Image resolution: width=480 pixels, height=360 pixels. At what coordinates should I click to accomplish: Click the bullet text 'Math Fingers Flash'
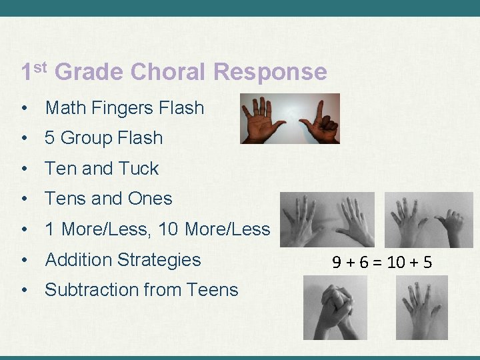[124, 107]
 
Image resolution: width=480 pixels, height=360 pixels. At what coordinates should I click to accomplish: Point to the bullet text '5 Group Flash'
[103, 138]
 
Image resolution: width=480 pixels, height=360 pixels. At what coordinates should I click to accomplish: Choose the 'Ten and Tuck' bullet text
[101, 169]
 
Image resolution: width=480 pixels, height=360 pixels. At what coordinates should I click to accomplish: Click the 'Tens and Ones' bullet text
[108, 199]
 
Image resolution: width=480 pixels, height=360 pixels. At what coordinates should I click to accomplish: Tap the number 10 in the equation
[395, 262]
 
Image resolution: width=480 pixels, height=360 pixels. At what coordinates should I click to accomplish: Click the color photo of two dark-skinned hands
[290, 119]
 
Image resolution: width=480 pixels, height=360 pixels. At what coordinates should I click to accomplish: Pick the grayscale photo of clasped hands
[335, 307]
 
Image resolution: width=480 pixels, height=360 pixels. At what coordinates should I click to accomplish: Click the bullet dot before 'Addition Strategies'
[24, 260]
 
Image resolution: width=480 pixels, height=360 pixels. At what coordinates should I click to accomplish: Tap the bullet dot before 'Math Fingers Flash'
[24, 108]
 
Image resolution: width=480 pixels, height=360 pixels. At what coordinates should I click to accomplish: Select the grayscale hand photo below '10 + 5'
[422, 307]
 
